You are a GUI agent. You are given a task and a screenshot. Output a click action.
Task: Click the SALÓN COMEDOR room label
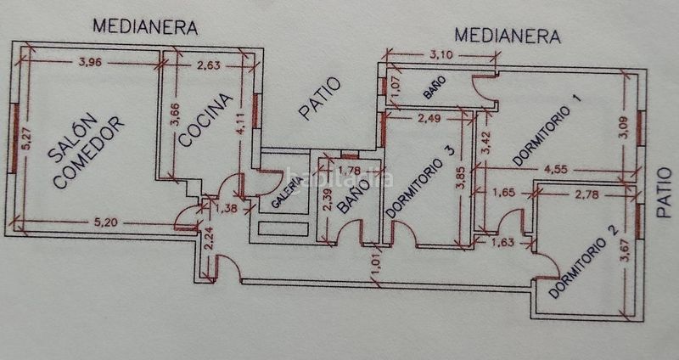(85, 153)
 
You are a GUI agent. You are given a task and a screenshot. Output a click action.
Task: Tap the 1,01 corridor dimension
(377, 267)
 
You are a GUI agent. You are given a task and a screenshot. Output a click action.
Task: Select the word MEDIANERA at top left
(145, 27)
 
